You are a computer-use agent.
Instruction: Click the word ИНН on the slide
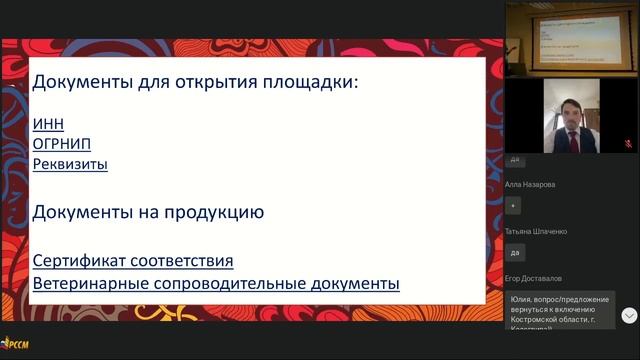tap(47, 124)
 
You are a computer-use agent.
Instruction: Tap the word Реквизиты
tap(70, 164)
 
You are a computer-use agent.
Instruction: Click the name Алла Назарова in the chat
tap(530, 184)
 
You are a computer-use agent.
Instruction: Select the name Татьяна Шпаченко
tap(537, 231)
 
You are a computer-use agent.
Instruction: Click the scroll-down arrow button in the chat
tap(629, 315)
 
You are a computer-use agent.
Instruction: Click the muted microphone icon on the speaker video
tap(628, 144)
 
